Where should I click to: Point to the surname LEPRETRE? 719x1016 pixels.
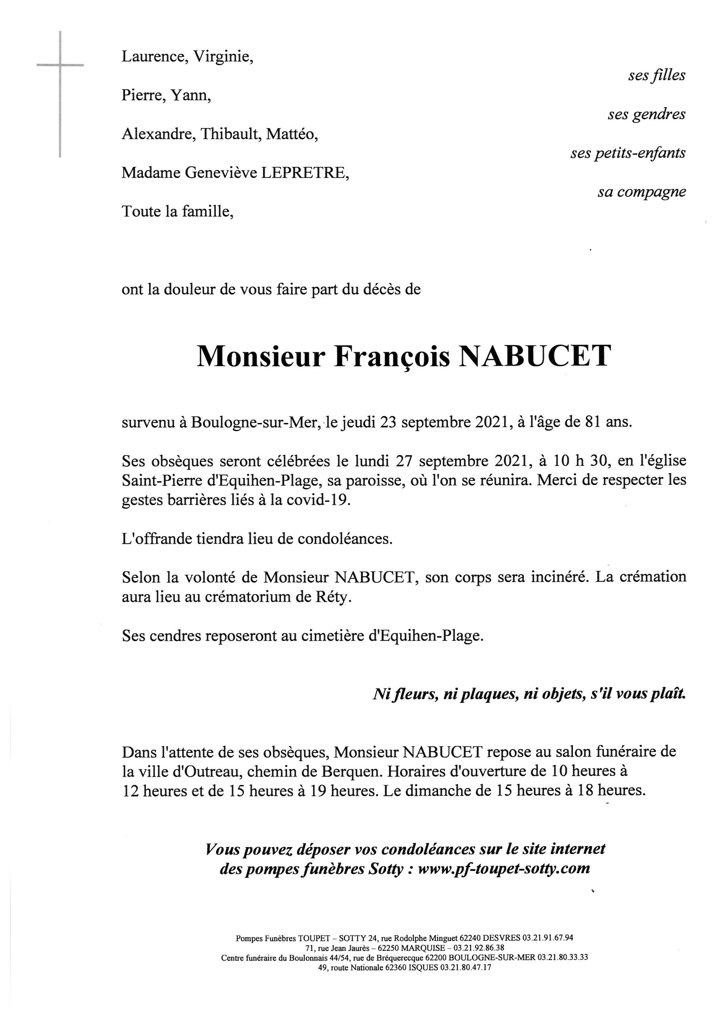click(305, 173)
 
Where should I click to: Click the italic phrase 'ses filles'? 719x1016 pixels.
click(657, 75)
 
